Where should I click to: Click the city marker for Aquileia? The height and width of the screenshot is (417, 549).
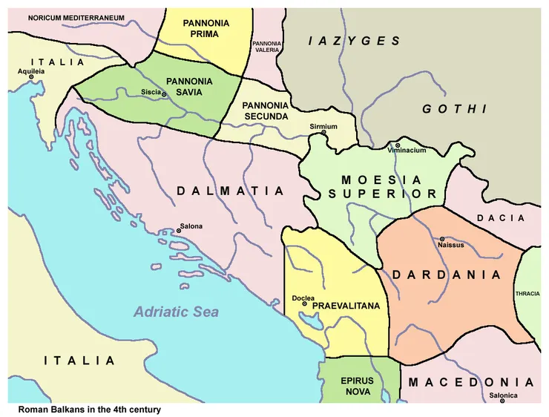(x=31, y=77)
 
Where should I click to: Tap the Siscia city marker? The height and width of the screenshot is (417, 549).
(x=164, y=94)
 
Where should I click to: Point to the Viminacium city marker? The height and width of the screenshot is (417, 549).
(x=398, y=145)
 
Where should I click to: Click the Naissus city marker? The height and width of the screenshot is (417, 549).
(x=442, y=239)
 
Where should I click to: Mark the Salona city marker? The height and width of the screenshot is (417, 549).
(x=179, y=231)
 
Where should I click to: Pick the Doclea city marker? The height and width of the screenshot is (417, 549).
(x=305, y=304)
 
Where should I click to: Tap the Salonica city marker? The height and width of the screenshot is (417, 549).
(x=502, y=401)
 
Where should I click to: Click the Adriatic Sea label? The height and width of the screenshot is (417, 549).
(x=176, y=312)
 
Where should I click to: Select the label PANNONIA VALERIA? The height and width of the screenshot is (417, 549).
(x=267, y=47)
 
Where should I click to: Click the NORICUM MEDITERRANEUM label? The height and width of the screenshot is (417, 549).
(x=76, y=16)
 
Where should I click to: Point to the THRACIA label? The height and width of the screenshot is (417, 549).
(x=527, y=294)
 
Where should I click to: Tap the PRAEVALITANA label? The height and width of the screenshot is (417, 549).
(x=346, y=306)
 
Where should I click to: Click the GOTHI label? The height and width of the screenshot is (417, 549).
(x=455, y=109)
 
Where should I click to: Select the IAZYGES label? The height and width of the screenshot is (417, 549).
(x=355, y=42)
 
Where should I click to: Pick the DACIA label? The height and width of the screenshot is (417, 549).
(x=501, y=218)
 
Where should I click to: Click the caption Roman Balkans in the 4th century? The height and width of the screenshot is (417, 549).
(x=89, y=410)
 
